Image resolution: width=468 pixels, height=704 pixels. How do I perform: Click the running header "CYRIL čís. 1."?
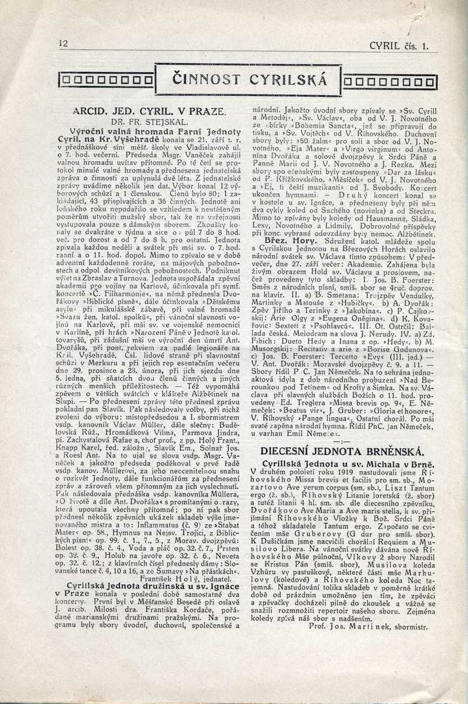(x=404, y=44)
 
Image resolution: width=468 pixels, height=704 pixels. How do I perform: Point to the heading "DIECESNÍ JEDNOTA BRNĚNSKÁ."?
(x=341, y=451)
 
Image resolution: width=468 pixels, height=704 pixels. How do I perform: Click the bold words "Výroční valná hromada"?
(x=116, y=133)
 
